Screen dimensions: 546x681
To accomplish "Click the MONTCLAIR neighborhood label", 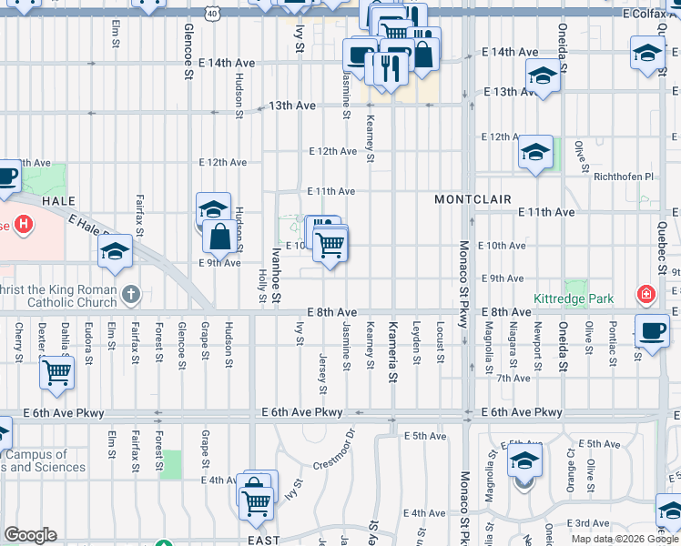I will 472,198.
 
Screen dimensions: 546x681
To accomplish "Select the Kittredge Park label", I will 574,298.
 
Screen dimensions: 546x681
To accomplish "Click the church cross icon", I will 132,294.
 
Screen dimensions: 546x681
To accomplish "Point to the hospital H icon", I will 22,224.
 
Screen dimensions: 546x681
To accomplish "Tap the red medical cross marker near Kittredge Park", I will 645,295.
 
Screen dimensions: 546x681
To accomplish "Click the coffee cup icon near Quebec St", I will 652,330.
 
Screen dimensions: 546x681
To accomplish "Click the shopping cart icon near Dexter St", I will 56,372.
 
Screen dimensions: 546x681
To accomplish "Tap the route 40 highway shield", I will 212,15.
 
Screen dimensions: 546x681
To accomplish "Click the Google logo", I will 30,535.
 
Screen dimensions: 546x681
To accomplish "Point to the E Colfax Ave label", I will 650,14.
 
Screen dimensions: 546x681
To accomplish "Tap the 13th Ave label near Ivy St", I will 292,106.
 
